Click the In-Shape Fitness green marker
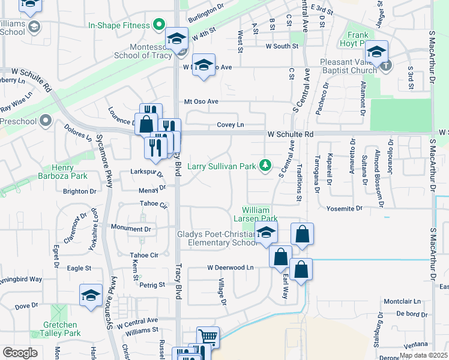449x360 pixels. click(x=159, y=25)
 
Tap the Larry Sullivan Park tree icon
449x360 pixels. click(x=265, y=166)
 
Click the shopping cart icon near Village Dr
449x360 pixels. click(x=208, y=338)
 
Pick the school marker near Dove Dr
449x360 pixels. click(x=91, y=296)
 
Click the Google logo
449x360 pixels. click(x=20, y=353)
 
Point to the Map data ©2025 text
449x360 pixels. click(x=423, y=355)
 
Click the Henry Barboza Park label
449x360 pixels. click(x=70, y=171)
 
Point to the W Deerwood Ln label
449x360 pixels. click(x=231, y=267)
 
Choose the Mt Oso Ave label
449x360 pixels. click(x=201, y=101)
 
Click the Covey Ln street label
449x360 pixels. click(x=231, y=125)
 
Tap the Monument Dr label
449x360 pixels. click(x=131, y=229)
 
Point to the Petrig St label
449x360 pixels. click(x=152, y=285)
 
